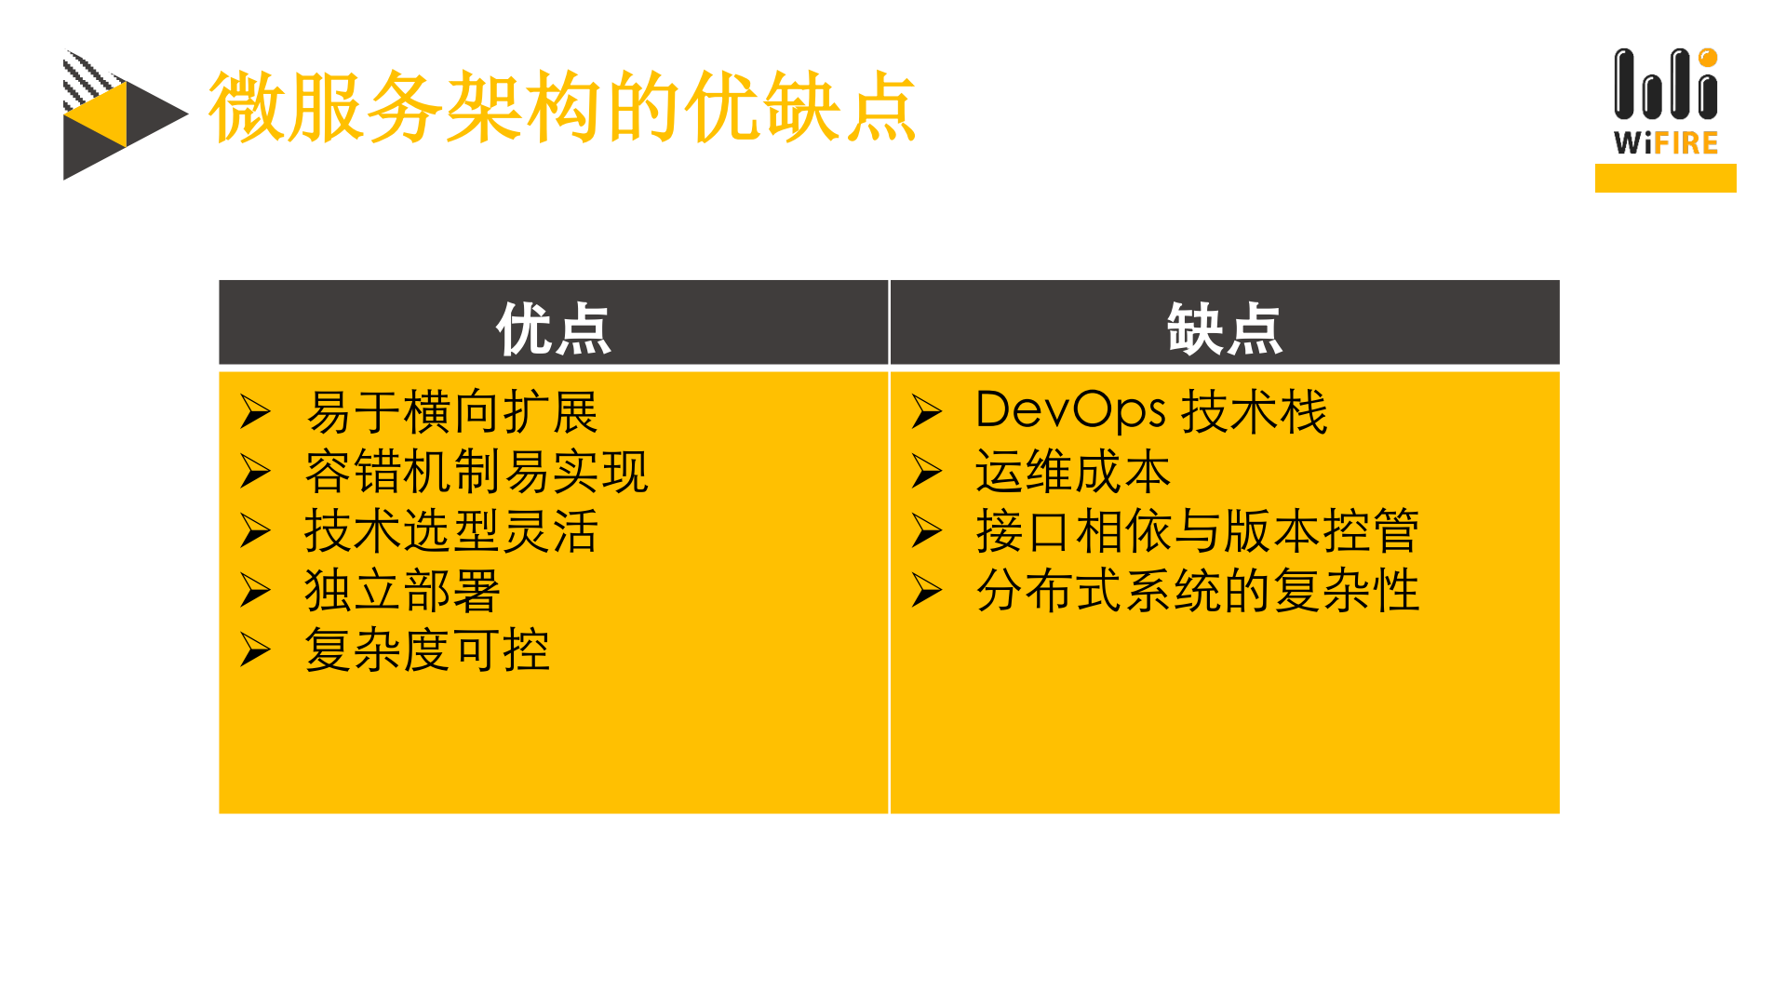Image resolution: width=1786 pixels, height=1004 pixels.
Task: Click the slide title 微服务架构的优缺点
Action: tap(562, 108)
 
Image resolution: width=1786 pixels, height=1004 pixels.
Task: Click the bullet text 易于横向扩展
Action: tap(452, 412)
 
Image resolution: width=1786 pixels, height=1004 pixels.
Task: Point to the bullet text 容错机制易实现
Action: tap(477, 472)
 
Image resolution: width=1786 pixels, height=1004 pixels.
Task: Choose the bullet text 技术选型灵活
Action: tap(452, 531)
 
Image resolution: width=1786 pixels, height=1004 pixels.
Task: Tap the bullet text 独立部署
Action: tap(403, 591)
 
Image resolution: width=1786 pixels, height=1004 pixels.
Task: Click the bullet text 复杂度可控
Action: tap(428, 650)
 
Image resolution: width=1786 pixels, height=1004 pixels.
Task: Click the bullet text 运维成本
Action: tap(1073, 472)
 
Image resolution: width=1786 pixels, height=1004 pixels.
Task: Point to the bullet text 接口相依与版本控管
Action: tap(1197, 531)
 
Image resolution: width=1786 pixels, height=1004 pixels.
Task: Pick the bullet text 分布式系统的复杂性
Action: tap(1197, 591)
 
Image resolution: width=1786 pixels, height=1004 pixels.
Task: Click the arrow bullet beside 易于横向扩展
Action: tap(255, 411)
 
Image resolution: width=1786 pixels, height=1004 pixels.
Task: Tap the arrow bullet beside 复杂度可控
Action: tap(255, 649)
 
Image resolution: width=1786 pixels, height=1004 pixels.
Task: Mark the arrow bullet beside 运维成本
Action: tap(927, 471)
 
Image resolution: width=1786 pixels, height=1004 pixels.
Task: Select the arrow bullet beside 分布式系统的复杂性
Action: tap(927, 590)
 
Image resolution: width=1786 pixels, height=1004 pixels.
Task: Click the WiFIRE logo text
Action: tap(1666, 143)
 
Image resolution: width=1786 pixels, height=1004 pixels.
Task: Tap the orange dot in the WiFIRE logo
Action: tap(1708, 58)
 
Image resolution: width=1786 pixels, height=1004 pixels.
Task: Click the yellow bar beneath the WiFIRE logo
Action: tap(1665, 178)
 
